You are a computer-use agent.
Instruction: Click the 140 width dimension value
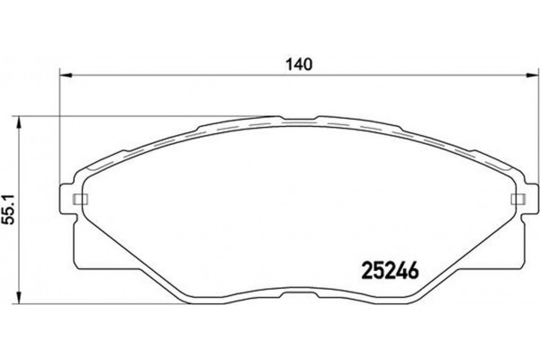coord(300,64)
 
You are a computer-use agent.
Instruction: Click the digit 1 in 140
coord(292,64)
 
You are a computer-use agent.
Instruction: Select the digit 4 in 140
coord(299,64)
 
